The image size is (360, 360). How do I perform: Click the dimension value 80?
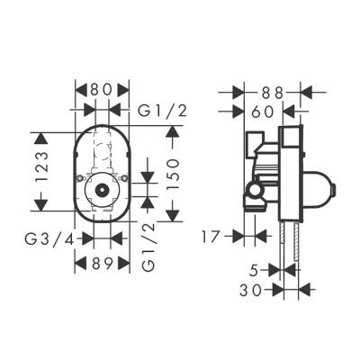(102, 90)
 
